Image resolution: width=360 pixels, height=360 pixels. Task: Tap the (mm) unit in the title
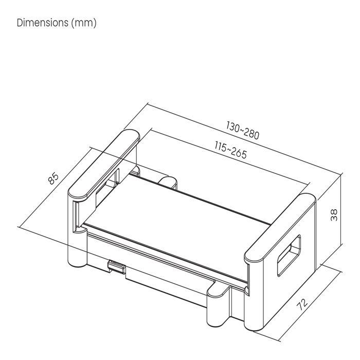pos(84,23)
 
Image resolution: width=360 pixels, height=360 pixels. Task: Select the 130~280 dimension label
pos(243,131)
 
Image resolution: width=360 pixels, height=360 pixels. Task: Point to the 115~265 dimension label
pos(231,149)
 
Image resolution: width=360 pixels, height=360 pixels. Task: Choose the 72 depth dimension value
pos(303,305)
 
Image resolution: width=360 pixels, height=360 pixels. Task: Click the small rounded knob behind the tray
pos(167,181)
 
